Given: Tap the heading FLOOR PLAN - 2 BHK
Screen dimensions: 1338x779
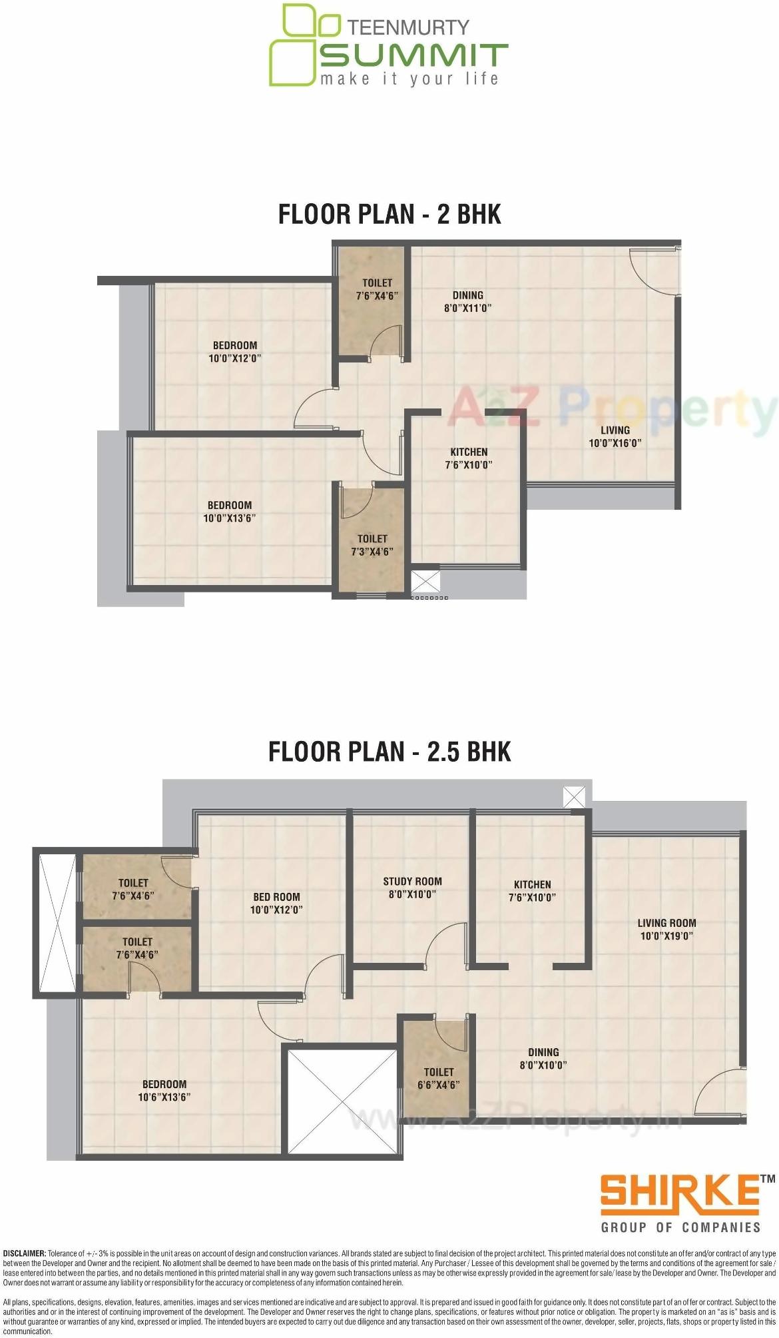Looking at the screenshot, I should [x=389, y=215].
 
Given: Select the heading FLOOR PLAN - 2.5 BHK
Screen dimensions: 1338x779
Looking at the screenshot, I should [x=389, y=752].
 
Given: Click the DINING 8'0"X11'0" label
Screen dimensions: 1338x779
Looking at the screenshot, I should [x=467, y=301].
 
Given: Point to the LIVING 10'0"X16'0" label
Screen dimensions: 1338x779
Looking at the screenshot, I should [x=615, y=436].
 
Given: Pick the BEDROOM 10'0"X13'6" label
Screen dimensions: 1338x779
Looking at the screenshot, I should [x=229, y=512].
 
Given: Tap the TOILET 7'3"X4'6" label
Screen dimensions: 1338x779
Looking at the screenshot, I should [x=372, y=545].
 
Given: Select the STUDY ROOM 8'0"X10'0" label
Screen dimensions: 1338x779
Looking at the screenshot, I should [x=412, y=888].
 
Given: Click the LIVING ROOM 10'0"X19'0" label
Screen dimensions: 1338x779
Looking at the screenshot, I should [x=666, y=929].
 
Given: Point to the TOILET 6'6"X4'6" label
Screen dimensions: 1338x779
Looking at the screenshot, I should [x=438, y=1078].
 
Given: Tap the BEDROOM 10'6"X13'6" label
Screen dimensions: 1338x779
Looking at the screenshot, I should [x=164, y=1090].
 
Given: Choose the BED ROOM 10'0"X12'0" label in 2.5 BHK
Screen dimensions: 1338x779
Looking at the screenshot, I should [x=276, y=903].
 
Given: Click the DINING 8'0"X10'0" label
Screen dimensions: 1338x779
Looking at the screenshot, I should [x=543, y=1058].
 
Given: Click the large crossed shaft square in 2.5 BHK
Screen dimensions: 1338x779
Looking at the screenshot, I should [x=342, y=1101].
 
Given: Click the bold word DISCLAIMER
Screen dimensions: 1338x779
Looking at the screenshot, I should [x=24, y=1253].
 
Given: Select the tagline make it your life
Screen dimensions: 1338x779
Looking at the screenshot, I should [x=409, y=79].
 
